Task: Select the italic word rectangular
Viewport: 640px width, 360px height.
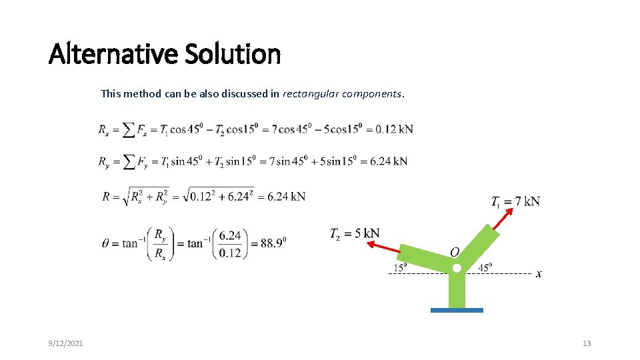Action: [x=311, y=93]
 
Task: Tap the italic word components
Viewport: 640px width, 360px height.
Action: [x=373, y=93]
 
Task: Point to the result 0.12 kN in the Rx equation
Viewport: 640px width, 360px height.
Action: [x=394, y=129]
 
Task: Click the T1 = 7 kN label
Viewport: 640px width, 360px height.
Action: [x=515, y=201]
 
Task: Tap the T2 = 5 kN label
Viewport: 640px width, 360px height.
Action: [x=355, y=233]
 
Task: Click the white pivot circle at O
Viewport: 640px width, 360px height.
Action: [x=457, y=268]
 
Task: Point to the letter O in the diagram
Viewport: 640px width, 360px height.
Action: [x=454, y=253]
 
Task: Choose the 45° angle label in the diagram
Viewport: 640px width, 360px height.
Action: [x=485, y=268]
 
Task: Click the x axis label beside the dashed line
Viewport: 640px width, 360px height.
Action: [x=539, y=274]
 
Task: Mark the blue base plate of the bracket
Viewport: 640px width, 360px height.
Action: [x=457, y=310]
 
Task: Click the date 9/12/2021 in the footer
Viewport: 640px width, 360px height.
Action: [x=66, y=343]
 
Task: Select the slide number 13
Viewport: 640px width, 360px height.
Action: [x=587, y=343]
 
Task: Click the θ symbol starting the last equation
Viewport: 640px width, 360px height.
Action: [x=106, y=243]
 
